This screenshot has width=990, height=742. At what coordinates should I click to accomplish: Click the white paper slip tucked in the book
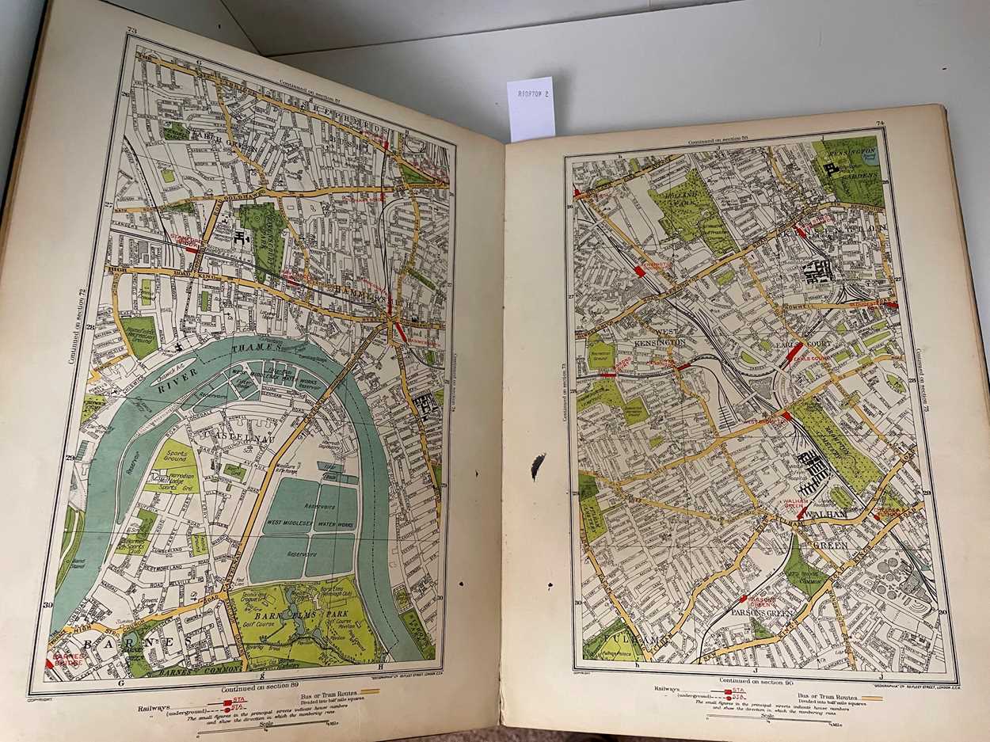click(x=531, y=108)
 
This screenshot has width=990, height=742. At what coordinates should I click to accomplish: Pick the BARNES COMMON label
click(x=190, y=672)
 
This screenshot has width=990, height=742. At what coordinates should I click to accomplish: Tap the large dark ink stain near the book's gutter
click(x=539, y=466)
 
